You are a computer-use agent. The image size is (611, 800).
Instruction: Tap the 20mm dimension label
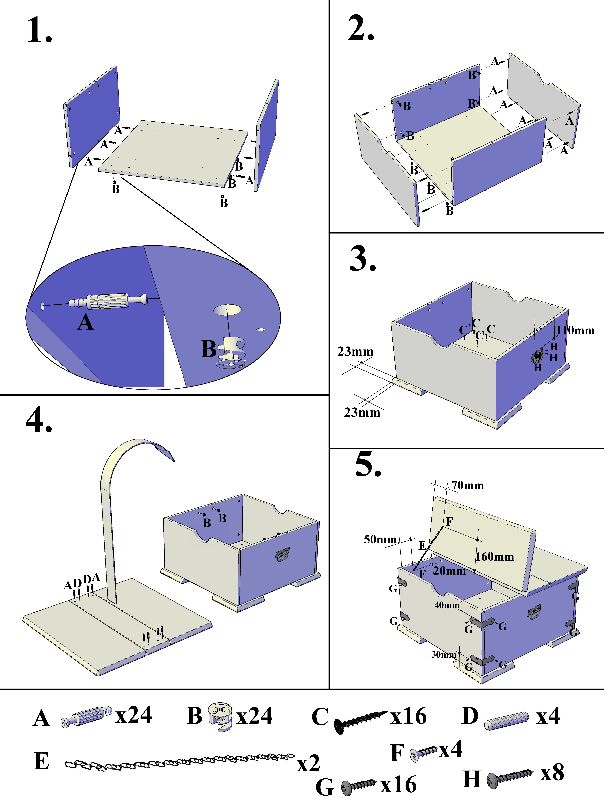[x=450, y=571]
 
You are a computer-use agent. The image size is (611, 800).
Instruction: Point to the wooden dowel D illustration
[x=506, y=721]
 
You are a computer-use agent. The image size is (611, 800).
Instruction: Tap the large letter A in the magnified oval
[x=85, y=322]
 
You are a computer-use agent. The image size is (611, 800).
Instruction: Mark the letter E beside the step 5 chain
[x=422, y=546]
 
